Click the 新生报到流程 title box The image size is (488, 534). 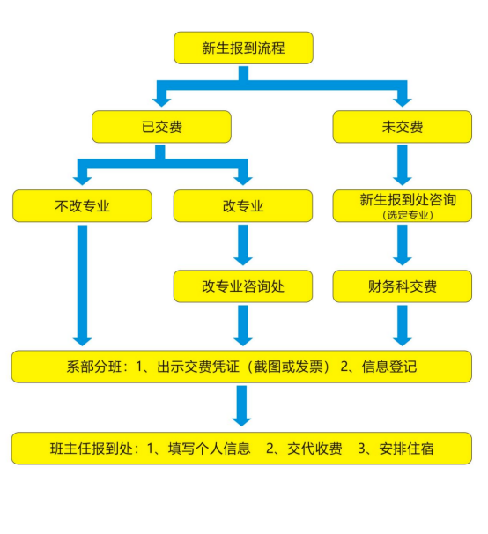click(243, 48)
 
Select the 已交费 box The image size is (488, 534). click(161, 127)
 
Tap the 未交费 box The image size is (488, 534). click(402, 127)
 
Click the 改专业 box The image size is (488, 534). click(243, 207)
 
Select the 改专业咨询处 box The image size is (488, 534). click(243, 286)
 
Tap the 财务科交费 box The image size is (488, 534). click(402, 286)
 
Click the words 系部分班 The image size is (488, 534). click(92, 367)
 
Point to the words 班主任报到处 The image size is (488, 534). click(91, 448)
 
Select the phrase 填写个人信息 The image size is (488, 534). click(207, 448)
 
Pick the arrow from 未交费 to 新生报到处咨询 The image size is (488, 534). click(403, 164)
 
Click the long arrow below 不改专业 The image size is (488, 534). click(83, 282)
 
